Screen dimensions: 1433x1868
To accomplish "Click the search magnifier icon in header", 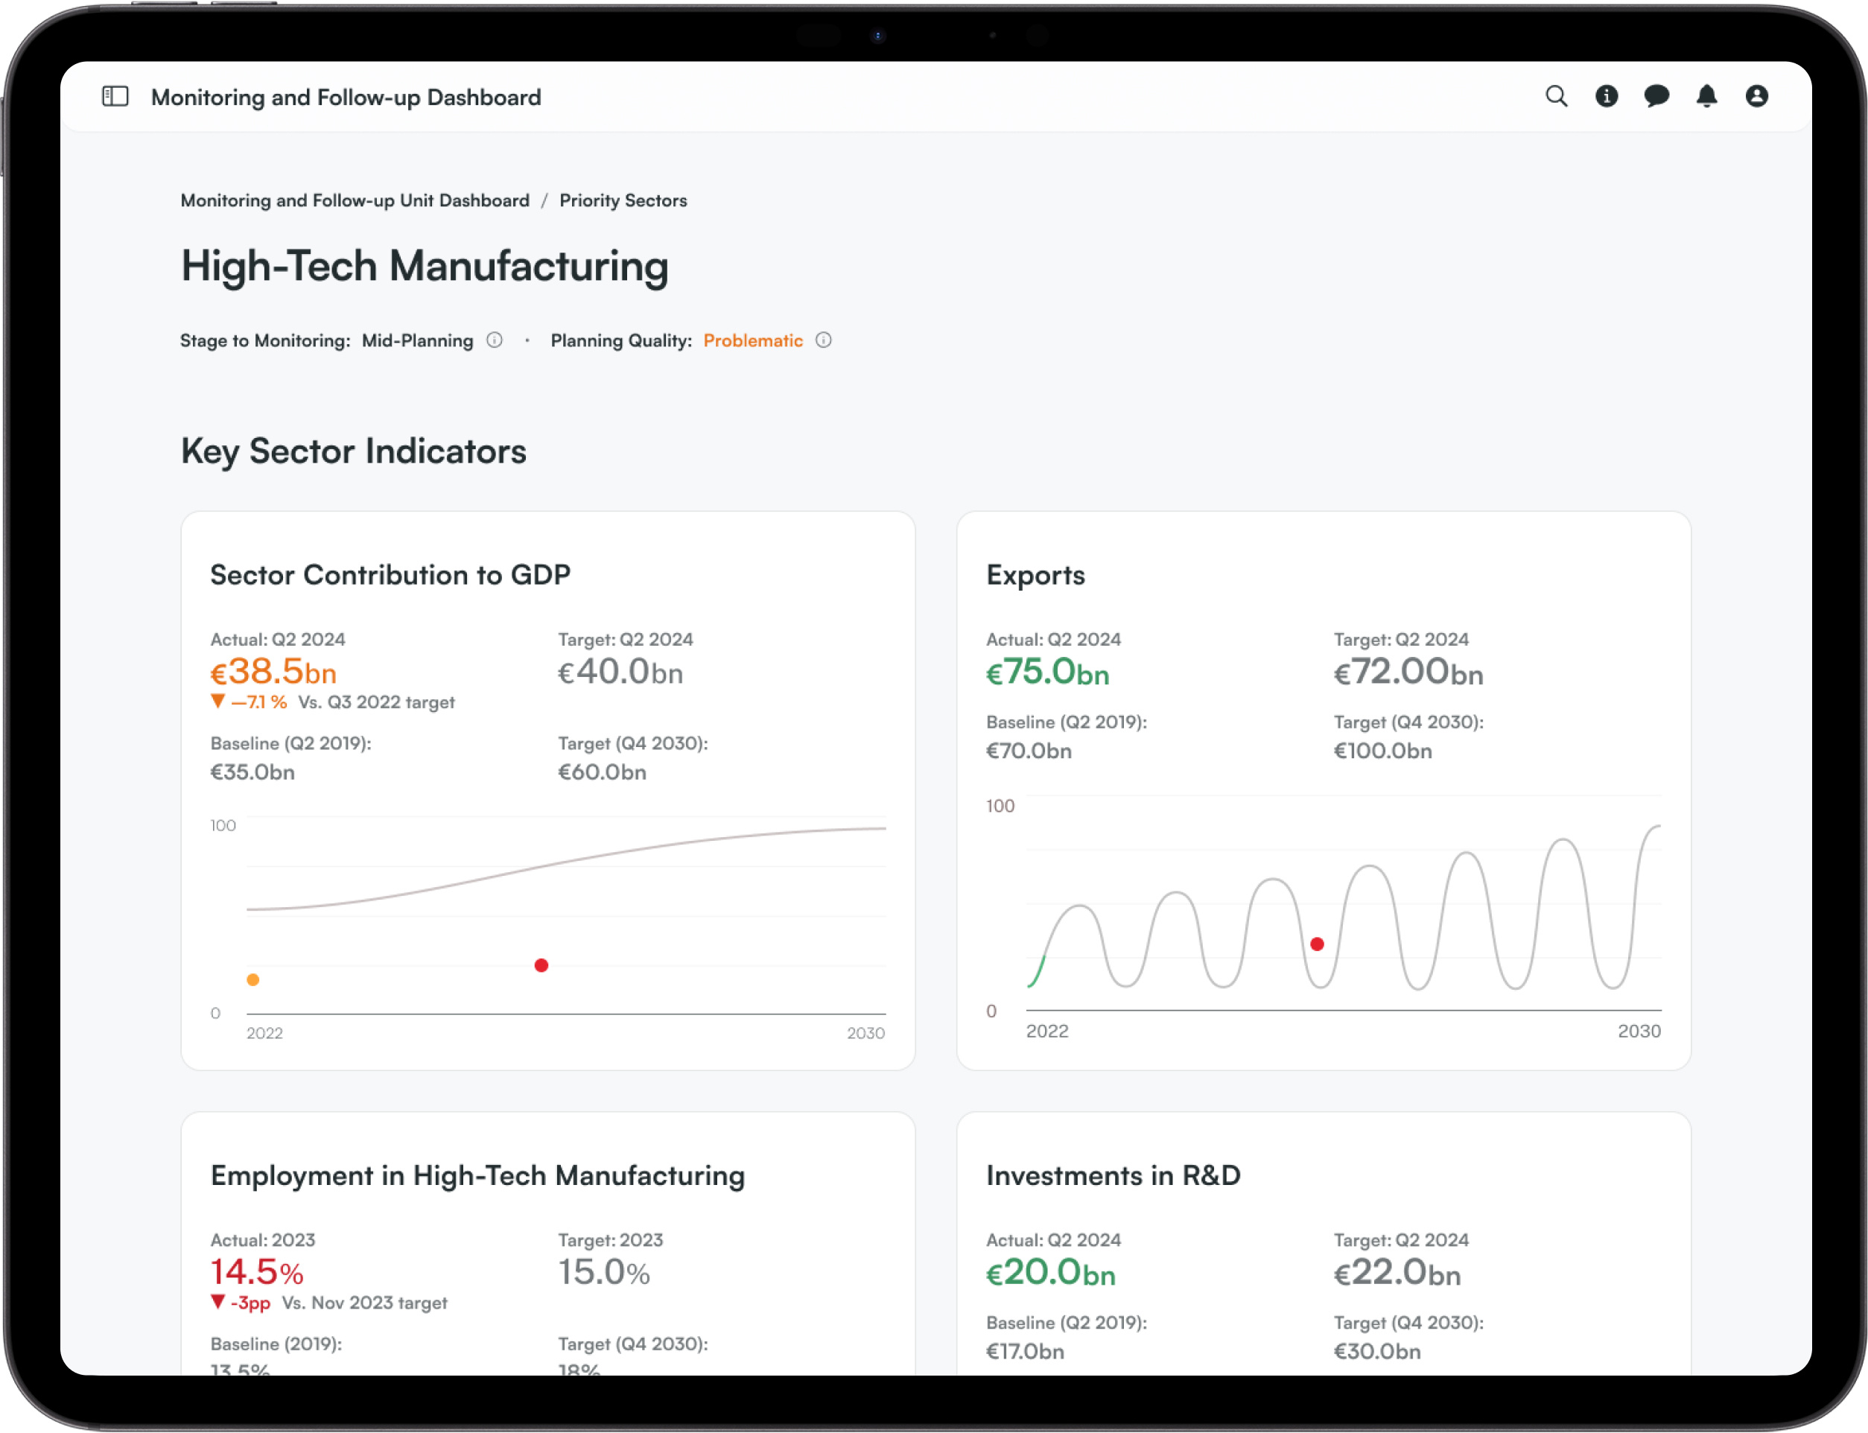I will point(1556,96).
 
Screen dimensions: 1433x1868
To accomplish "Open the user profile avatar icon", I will point(1756,96).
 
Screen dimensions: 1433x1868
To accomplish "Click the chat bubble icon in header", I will point(1656,96).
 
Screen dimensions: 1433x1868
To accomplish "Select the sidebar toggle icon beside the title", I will point(115,96).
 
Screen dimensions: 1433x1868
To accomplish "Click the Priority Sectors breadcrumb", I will point(623,200).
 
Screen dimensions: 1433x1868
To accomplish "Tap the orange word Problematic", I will point(752,340).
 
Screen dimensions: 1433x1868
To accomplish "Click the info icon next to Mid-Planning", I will point(494,340).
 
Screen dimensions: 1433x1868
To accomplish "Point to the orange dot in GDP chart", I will point(252,979).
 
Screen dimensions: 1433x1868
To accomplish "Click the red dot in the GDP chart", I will point(541,965).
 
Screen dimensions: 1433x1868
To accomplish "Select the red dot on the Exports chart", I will point(1317,944).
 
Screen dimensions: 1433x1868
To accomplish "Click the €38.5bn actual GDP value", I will point(273,672).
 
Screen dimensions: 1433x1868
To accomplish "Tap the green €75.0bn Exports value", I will point(1047,672).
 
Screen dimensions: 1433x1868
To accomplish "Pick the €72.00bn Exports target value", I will point(1408,672).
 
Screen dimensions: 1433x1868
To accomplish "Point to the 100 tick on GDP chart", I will point(223,824).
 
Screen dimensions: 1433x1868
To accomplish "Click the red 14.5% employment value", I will point(256,1272).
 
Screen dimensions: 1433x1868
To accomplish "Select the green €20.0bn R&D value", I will point(1050,1273).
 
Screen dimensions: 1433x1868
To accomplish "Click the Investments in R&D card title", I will point(1112,1175).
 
